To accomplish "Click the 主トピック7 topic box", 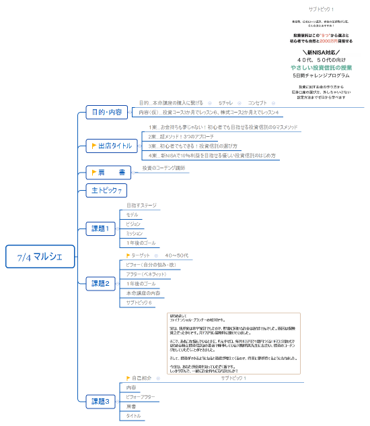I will (x=106, y=191).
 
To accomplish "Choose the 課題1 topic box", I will (x=100, y=229).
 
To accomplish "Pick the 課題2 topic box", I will (x=100, y=283).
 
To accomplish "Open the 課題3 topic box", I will (x=100, y=402).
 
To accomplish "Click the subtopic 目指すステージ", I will (x=141, y=205).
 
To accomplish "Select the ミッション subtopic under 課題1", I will (x=135, y=233).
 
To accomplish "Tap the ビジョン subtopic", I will (x=133, y=224).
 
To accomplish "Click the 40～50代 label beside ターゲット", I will (x=177, y=256).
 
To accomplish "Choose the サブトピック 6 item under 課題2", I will (x=139, y=303).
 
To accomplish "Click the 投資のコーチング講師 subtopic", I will (x=163, y=168).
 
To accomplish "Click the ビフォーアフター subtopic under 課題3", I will (x=141, y=398).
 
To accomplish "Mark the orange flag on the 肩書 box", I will (x=95, y=172).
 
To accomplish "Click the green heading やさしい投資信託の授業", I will (x=322, y=68).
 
